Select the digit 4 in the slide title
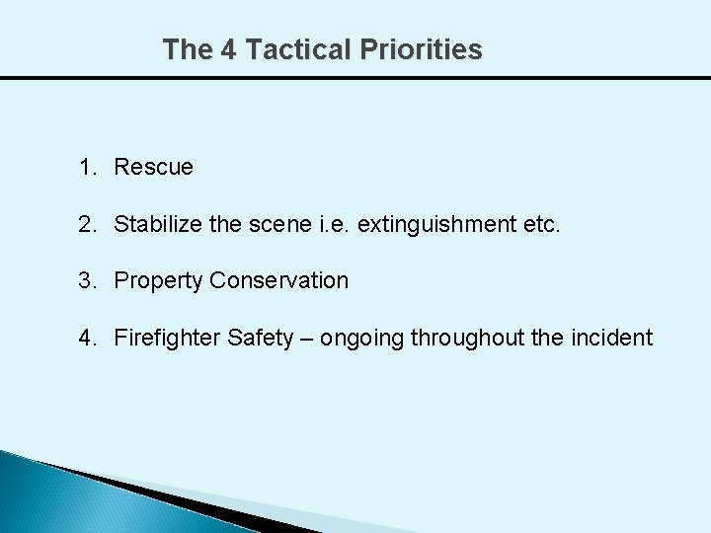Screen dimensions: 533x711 coord(228,49)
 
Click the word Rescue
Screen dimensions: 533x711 coord(153,168)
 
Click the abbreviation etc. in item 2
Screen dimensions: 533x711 coord(542,224)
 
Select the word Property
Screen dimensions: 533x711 coord(158,281)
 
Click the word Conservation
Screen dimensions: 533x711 coord(278,280)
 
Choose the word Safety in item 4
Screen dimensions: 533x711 coord(261,339)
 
